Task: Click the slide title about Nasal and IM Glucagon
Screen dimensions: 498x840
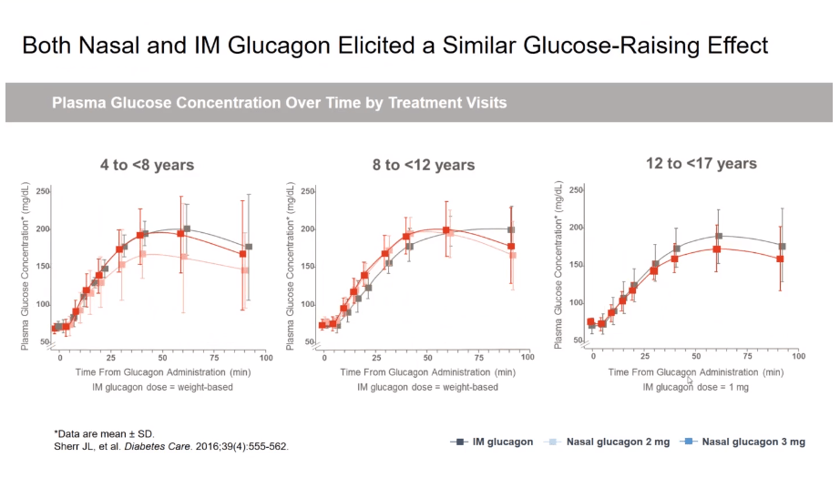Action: point(394,45)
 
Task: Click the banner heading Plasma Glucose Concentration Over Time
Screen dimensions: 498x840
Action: point(279,103)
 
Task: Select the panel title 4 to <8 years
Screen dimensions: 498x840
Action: point(147,165)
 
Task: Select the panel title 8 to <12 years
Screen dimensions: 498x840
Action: point(423,165)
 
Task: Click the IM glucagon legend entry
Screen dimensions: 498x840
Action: point(492,442)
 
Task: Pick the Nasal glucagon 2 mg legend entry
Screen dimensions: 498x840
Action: point(607,442)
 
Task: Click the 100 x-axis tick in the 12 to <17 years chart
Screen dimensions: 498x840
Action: point(796,355)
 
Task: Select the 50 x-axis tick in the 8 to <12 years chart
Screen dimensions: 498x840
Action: point(428,358)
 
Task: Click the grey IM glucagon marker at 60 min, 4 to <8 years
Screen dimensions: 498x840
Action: point(187,229)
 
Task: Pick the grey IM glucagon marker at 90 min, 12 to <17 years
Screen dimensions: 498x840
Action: point(782,247)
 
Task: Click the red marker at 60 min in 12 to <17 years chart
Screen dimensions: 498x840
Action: point(717,249)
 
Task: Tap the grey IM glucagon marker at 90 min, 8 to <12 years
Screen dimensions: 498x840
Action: point(511,230)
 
